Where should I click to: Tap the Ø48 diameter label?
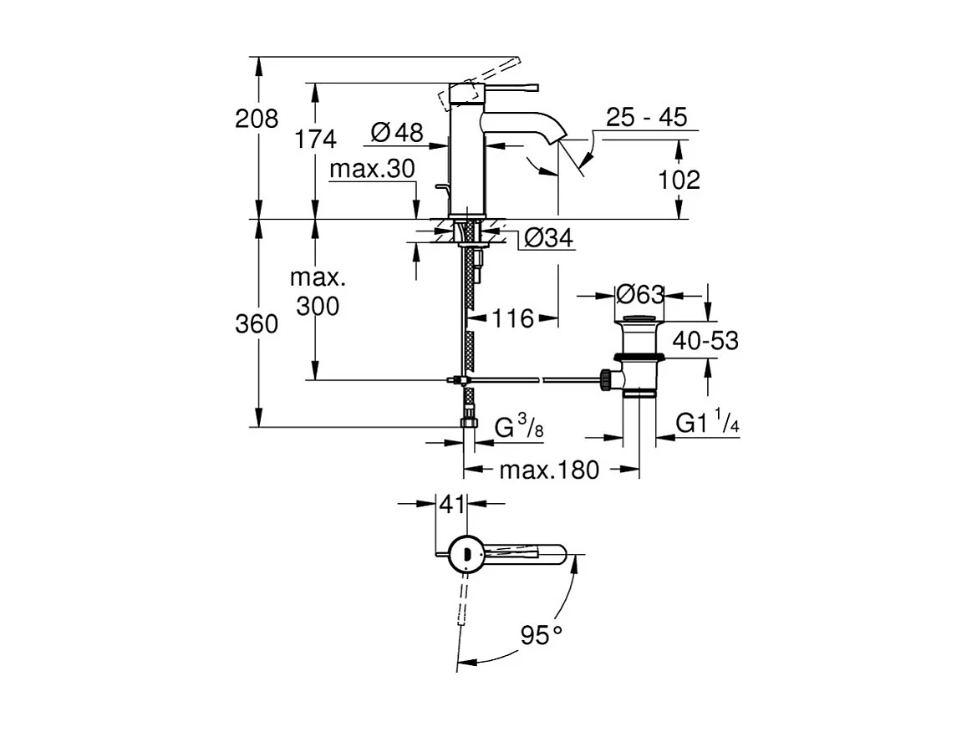tap(397, 131)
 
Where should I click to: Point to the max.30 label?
tap(372, 170)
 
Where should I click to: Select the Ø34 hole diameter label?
tap(548, 240)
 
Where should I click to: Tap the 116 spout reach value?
tap(511, 318)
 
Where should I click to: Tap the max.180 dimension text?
tap(550, 470)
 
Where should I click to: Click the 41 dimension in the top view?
tap(452, 504)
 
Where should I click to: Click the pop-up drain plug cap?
tap(640, 318)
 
